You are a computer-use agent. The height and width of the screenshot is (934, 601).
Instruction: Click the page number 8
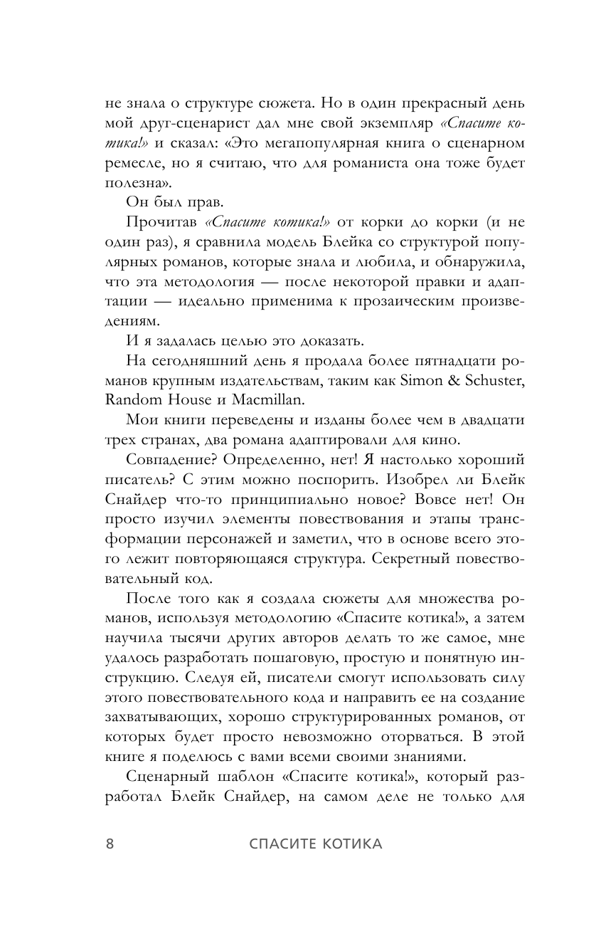110,844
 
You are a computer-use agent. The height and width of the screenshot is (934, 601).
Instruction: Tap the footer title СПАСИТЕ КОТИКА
316,844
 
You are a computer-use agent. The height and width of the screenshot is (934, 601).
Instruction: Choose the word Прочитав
159,222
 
